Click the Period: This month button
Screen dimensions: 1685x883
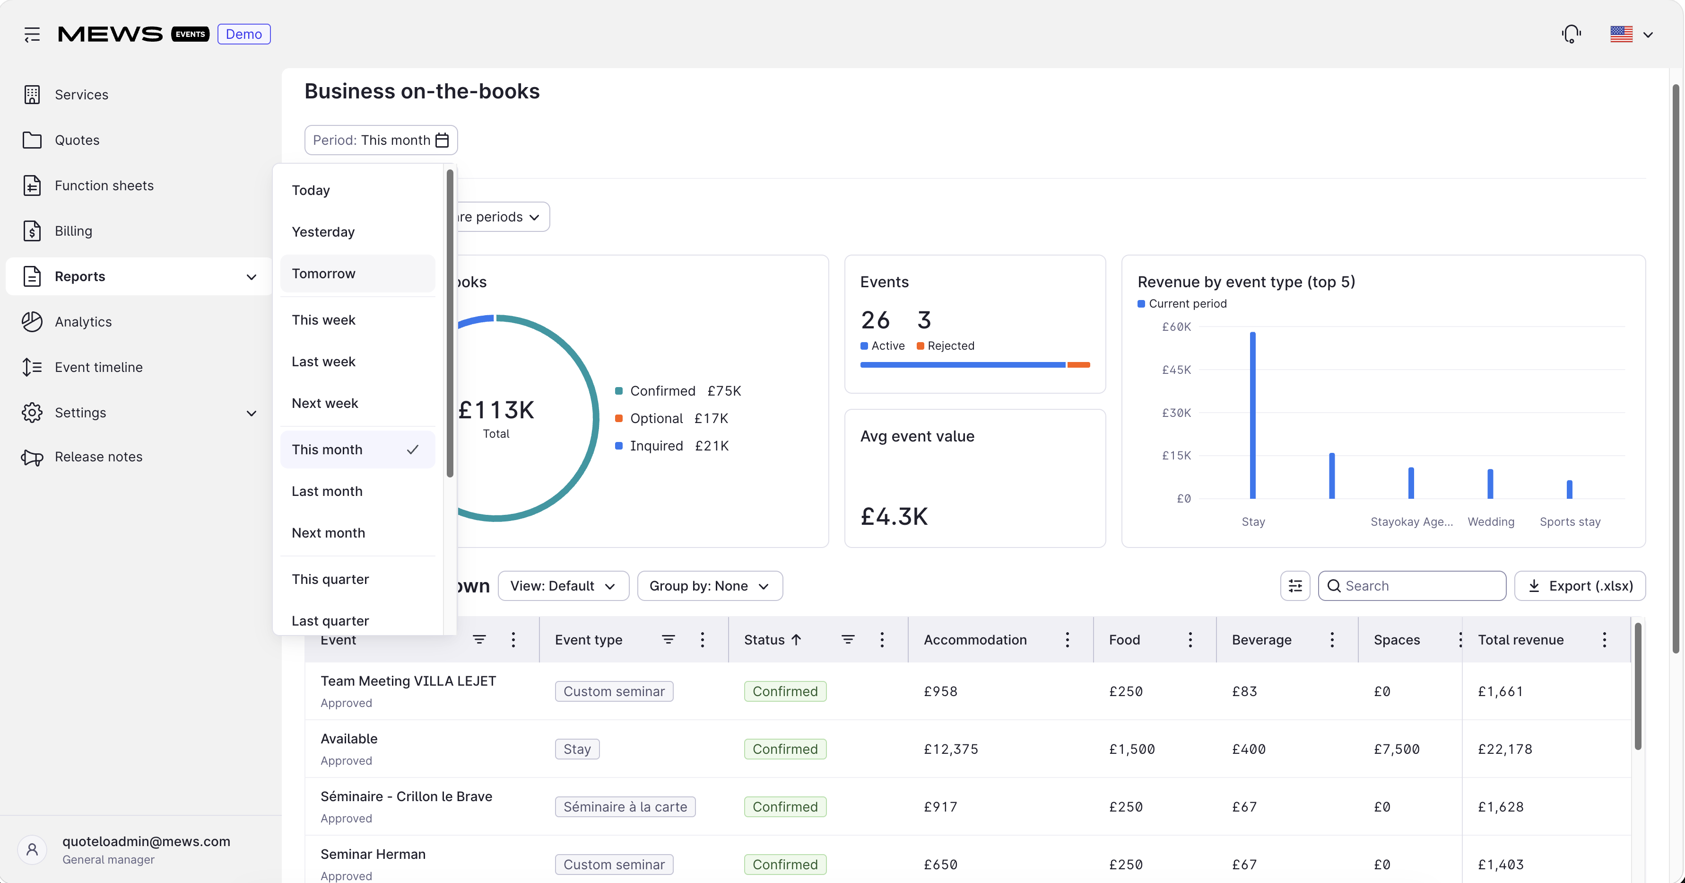pyautogui.click(x=381, y=140)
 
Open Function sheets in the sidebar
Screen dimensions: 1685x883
pyautogui.click(x=104, y=185)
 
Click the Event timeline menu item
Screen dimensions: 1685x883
pyautogui.click(x=98, y=367)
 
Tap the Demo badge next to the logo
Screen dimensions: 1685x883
pyautogui.click(x=244, y=34)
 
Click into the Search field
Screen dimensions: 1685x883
pyautogui.click(x=1412, y=586)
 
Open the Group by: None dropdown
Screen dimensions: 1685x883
pyautogui.click(x=710, y=586)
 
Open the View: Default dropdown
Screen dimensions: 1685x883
pyautogui.click(x=563, y=586)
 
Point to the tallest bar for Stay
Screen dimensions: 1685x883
pyautogui.click(x=1252, y=415)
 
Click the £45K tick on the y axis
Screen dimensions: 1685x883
pyautogui.click(x=1176, y=370)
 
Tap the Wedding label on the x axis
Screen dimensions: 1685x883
pyautogui.click(x=1491, y=521)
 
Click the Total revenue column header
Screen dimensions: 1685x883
pyautogui.click(x=1521, y=639)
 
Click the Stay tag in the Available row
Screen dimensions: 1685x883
pyautogui.click(x=577, y=749)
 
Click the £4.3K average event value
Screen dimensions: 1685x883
pyautogui.click(x=894, y=516)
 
